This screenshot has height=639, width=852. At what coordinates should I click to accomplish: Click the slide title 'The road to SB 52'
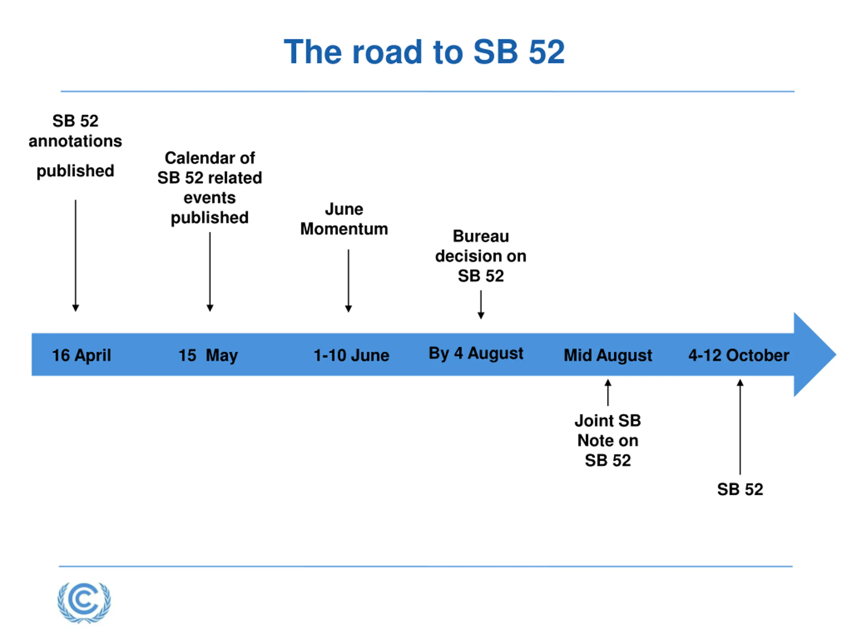click(424, 52)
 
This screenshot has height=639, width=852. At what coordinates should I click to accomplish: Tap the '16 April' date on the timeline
click(81, 355)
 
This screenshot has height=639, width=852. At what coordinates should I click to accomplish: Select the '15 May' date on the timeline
click(208, 355)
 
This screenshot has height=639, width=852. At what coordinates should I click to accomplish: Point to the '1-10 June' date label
click(351, 355)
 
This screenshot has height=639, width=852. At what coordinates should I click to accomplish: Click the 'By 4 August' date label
click(476, 353)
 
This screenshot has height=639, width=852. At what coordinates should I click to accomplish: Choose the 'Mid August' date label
click(608, 355)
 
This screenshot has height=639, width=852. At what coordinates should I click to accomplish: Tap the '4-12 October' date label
click(739, 355)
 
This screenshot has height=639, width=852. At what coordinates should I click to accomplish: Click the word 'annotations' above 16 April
click(76, 141)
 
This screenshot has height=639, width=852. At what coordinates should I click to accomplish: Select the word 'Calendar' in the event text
click(194, 158)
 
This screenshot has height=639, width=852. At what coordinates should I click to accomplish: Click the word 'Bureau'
click(481, 236)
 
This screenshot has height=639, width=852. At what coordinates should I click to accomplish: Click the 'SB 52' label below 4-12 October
click(740, 489)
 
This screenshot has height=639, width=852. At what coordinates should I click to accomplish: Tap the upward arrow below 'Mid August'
click(608, 392)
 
